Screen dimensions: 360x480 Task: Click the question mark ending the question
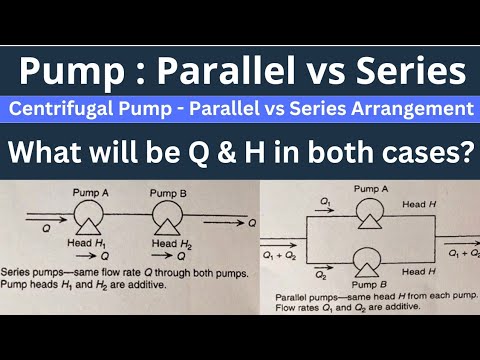(461, 155)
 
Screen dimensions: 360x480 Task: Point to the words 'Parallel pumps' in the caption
(299, 297)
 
